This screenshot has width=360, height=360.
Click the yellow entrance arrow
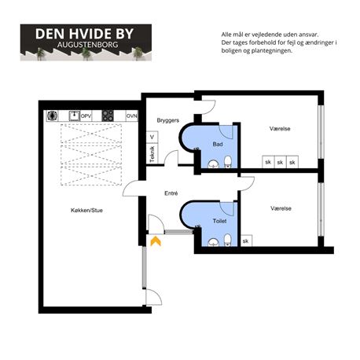coord(156,241)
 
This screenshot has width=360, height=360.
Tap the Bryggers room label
coord(168,120)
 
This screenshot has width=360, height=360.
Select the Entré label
coord(171,193)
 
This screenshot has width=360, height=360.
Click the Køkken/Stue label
coord(86,210)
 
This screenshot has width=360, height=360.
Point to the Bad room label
coord(218,144)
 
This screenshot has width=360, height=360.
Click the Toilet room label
coord(219,221)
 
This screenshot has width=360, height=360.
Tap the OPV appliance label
coord(86,116)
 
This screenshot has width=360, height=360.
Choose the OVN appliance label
coord(132,116)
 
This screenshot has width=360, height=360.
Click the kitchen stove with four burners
coord(108,116)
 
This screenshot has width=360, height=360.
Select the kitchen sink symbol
coord(75,116)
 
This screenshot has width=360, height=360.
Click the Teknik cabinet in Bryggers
coord(152,154)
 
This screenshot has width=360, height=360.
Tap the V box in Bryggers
coord(152,137)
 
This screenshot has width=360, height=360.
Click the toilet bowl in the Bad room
coord(228,162)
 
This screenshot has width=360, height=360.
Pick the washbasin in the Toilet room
coord(214,243)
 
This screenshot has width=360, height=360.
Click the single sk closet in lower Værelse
coord(246,241)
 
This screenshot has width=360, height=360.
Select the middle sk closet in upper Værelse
coord(280,162)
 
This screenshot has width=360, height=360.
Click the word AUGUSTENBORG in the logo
coord(88,45)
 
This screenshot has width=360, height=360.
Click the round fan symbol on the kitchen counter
coord(52,116)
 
